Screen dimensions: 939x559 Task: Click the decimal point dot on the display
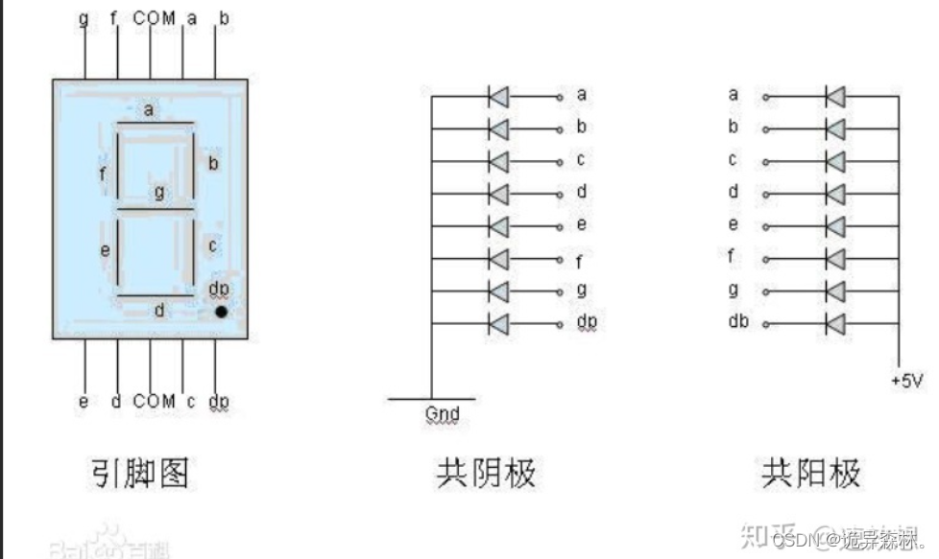click(221, 312)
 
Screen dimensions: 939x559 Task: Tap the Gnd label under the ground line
click(442, 414)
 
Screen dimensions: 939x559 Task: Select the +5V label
click(906, 381)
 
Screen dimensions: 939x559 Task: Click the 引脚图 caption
click(140, 473)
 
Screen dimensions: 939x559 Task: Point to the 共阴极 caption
click(486, 473)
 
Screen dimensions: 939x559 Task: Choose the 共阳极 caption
click(811, 473)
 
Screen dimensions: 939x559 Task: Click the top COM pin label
click(154, 17)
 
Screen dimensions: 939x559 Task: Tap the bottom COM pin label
click(154, 401)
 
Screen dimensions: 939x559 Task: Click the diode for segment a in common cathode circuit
click(498, 96)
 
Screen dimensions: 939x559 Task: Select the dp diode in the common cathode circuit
click(498, 323)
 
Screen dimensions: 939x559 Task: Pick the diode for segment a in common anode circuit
click(835, 96)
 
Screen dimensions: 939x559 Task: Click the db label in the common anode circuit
click(737, 321)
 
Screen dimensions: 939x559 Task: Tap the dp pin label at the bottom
click(219, 401)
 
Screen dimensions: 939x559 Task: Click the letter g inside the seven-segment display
click(159, 193)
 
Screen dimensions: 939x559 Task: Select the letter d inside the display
click(159, 310)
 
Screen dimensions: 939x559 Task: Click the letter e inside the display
click(107, 250)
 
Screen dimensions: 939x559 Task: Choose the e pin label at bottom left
click(84, 401)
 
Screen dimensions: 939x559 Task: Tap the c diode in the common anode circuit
click(835, 160)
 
